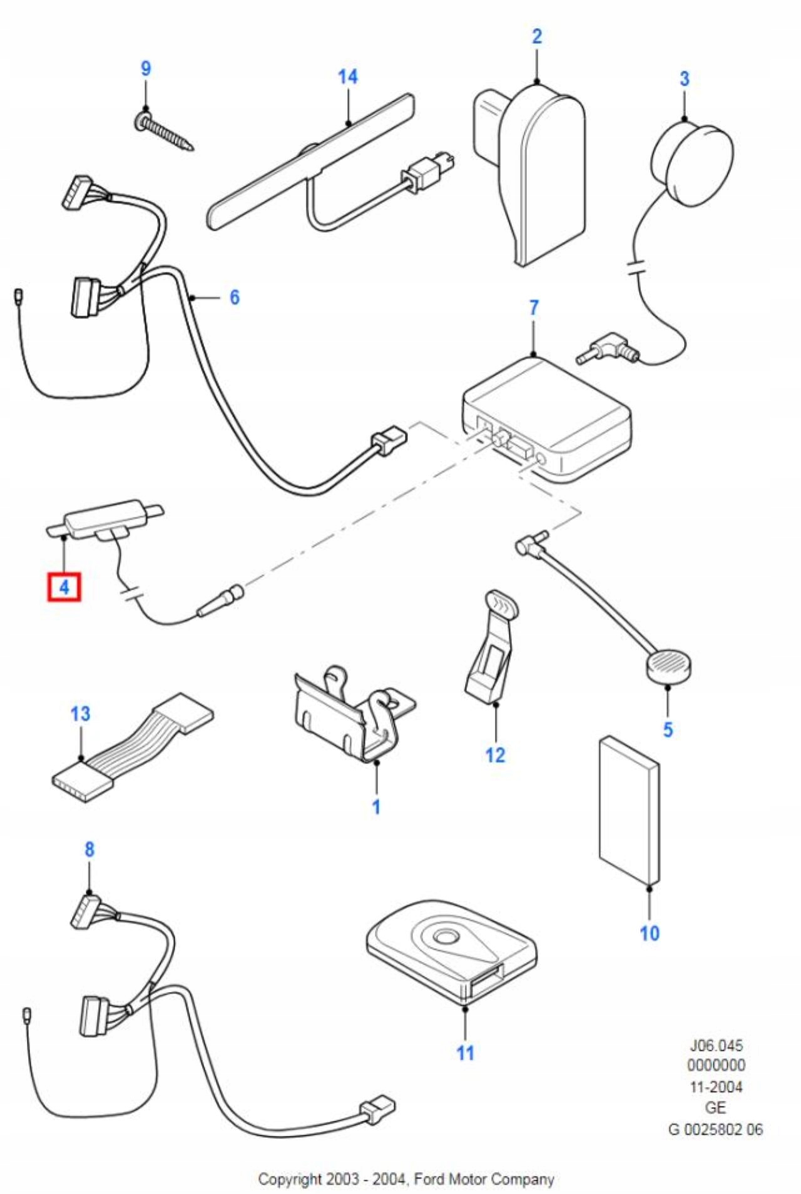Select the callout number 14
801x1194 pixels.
[x=347, y=77]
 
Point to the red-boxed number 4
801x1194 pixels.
[x=64, y=588]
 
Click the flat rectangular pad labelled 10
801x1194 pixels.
[x=628, y=811]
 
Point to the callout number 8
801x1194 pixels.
[x=89, y=849]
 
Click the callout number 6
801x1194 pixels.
[x=234, y=297]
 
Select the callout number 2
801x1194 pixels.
[x=537, y=36]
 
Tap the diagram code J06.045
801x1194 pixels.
[x=716, y=1045]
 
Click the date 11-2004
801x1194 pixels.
[x=716, y=1087]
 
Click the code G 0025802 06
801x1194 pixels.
[x=716, y=1129]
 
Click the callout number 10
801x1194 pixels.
[x=650, y=933]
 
